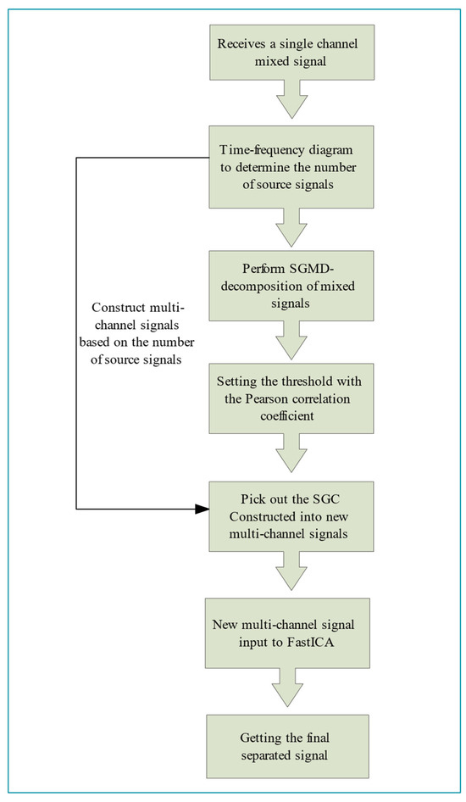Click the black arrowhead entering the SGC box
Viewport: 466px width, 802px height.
pos(201,509)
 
